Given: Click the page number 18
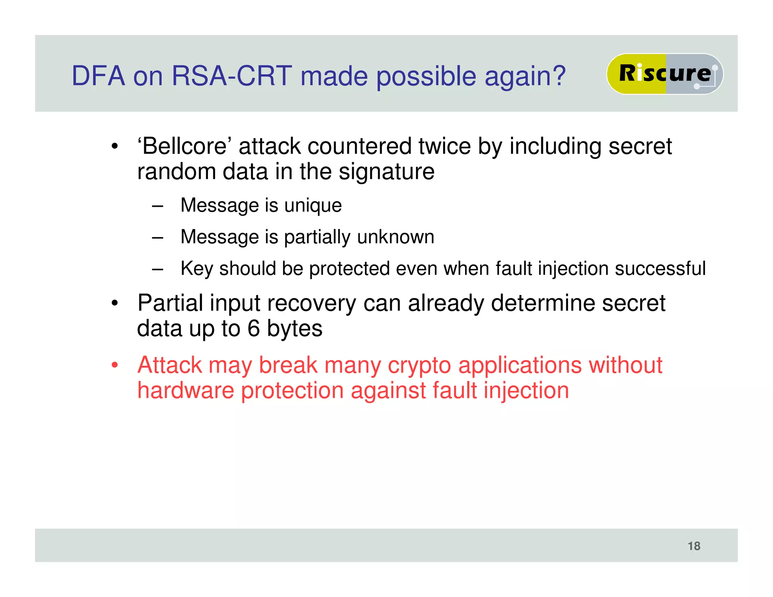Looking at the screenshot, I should pos(694,546).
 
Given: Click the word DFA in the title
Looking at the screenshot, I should pos(98,76).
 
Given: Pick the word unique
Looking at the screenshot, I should pos(313,206).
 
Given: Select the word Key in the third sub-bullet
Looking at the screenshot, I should pos(197,269).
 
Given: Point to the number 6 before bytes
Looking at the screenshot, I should pos(254,328).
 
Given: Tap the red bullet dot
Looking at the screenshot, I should pos(115,365).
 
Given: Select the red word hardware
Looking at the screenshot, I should pos(185,391).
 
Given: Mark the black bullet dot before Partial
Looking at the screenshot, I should pos(115,303).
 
